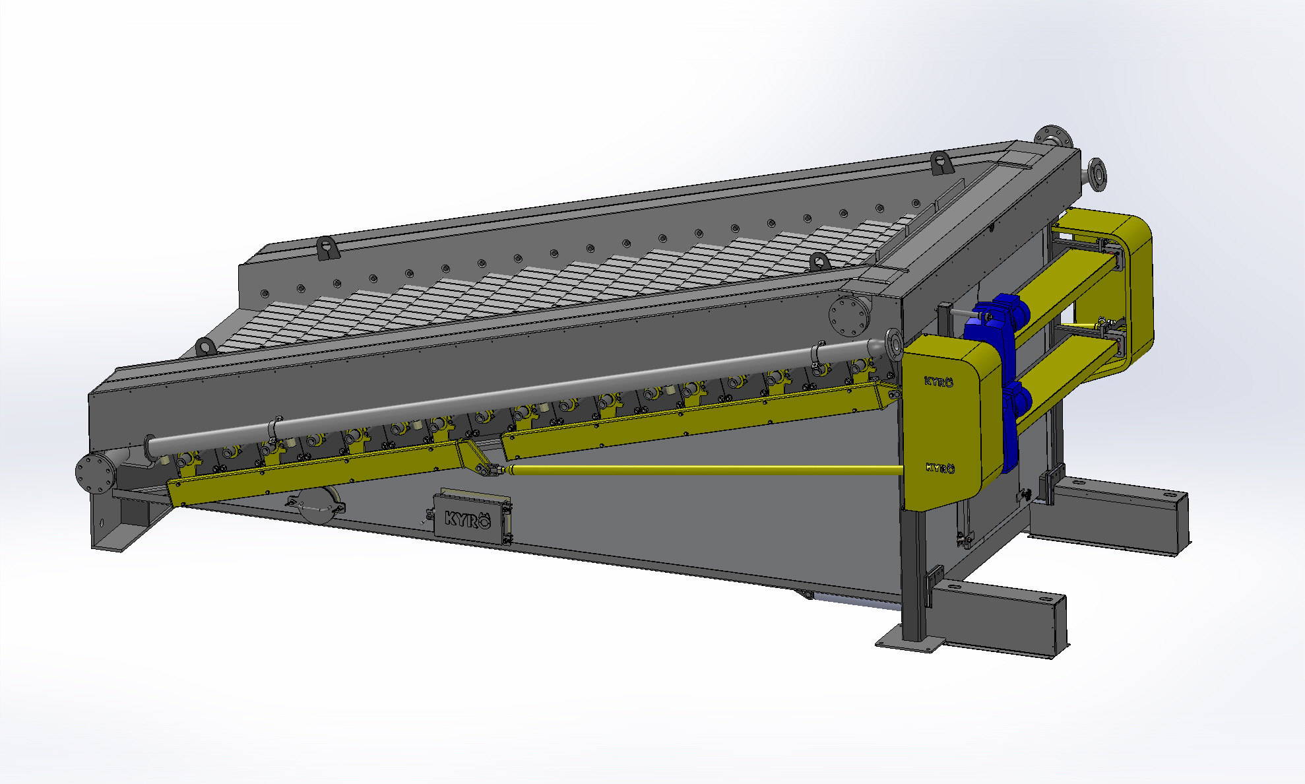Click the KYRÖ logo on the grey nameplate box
(468, 519)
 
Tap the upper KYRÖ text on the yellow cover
(938, 381)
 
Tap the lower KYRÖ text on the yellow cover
(939, 468)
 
